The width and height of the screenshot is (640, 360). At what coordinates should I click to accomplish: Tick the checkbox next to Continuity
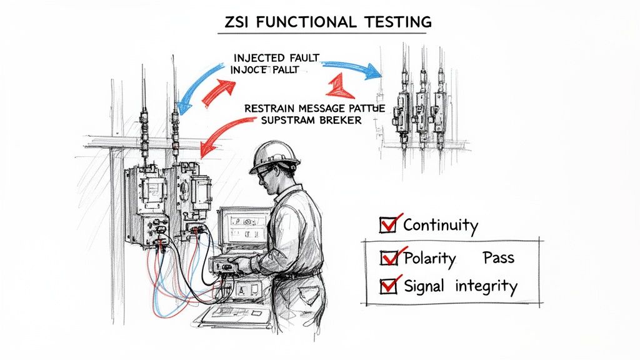click(388, 224)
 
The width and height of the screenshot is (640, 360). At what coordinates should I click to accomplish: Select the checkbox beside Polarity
click(388, 257)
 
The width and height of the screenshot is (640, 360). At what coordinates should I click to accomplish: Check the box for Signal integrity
click(388, 286)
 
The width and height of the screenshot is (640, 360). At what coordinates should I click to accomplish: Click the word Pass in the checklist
click(498, 257)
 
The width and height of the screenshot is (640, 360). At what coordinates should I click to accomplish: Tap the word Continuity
click(441, 226)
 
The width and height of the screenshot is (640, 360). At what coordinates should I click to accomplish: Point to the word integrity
click(486, 287)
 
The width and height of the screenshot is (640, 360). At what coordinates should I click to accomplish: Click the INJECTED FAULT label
click(275, 58)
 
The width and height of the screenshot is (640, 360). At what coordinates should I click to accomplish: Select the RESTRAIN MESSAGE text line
click(314, 108)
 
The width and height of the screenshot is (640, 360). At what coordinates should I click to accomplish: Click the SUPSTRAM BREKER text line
click(302, 120)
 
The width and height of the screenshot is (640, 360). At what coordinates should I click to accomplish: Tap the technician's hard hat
click(273, 155)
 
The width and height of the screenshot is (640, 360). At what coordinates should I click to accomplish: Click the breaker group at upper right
click(422, 109)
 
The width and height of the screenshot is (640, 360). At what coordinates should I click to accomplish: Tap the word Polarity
click(430, 257)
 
